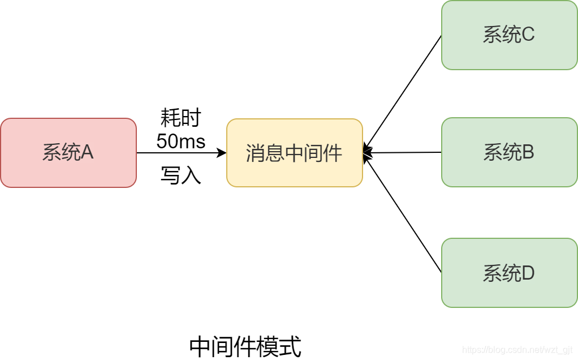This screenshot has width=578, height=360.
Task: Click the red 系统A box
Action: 68,153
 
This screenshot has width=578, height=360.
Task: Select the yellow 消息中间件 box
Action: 294,153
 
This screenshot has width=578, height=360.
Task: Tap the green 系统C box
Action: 509,35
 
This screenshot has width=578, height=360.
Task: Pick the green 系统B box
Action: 509,152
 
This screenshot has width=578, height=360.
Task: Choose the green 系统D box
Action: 509,273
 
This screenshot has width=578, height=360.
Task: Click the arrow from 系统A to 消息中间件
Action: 181,153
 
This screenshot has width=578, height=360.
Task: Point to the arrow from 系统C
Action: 403,92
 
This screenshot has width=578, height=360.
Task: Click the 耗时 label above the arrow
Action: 181,119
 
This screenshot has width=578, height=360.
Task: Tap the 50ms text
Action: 181,141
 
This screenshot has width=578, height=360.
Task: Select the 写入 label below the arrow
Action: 181,175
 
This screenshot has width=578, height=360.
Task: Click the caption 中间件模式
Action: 245,346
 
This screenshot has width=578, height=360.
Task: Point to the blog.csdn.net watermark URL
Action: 518,350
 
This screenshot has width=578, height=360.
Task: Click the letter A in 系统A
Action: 87,152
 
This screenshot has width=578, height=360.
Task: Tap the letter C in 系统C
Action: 528,35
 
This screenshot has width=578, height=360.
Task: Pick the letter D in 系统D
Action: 528,273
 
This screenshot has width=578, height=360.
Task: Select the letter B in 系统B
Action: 528,152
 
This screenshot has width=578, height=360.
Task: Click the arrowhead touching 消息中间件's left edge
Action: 222,153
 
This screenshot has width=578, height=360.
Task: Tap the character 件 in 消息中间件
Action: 333,153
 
